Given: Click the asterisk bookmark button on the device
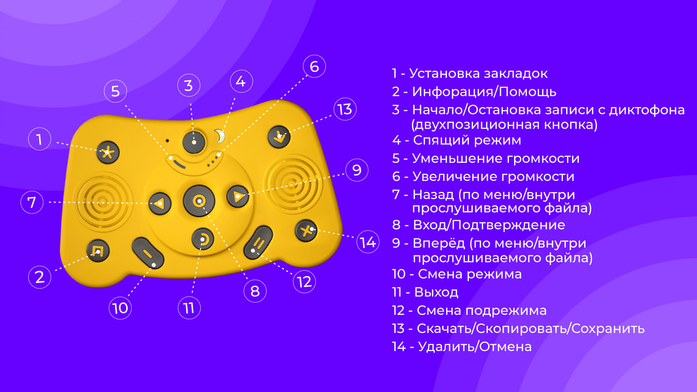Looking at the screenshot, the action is pyautogui.click(x=108, y=152).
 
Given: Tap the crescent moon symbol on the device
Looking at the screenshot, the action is pyautogui.click(x=220, y=136).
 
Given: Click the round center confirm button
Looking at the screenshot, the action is pyautogui.click(x=199, y=201).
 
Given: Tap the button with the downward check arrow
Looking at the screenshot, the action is pyautogui.click(x=279, y=137).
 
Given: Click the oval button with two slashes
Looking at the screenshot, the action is pyautogui.click(x=258, y=243).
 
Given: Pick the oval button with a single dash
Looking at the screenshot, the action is pyautogui.click(x=148, y=253).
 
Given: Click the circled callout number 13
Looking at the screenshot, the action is pyautogui.click(x=345, y=109).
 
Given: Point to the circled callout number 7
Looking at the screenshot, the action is pyautogui.click(x=32, y=202).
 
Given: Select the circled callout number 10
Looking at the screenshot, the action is pyautogui.click(x=120, y=308).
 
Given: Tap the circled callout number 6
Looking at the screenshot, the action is pyautogui.click(x=314, y=66).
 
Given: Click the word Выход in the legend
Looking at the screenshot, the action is pyautogui.click(x=436, y=292).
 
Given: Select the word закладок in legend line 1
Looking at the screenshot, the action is pyautogui.click(x=516, y=74).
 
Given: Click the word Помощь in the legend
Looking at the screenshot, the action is pyautogui.click(x=528, y=92).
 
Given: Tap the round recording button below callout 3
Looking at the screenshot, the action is pyautogui.click(x=194, y=142).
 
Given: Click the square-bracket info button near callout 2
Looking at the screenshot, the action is pyautogui.click(x=98, y=251).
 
